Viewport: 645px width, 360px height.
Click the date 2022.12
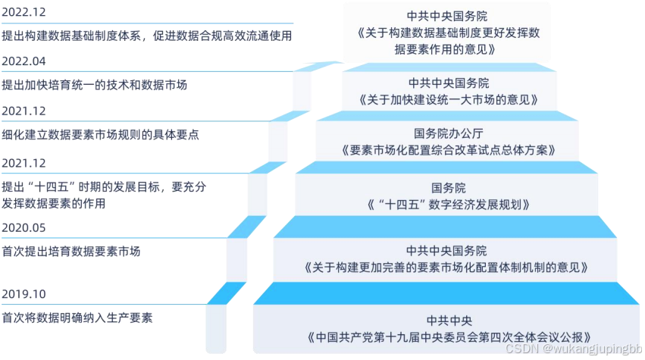click(x=25, y=13)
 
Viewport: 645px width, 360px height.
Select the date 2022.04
click(x=25, y=61)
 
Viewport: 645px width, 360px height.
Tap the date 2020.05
click(x=25, y=227)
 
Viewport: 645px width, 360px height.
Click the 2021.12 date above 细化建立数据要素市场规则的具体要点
click(x=25, y=111)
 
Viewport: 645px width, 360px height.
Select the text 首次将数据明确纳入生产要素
click(x=77, y=318)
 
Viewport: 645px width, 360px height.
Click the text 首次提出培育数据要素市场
click(x=71, y=251)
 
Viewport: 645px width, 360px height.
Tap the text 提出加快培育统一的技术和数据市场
click(x=95, y=85)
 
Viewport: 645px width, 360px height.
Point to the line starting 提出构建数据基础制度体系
click(x=147, y=36)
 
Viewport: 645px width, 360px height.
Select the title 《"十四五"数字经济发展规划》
click(x=447, y=205)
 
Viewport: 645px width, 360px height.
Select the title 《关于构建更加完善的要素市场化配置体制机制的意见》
click(x=446, y=268)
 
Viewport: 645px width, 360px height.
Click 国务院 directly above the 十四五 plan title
click(x=448, y=187)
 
